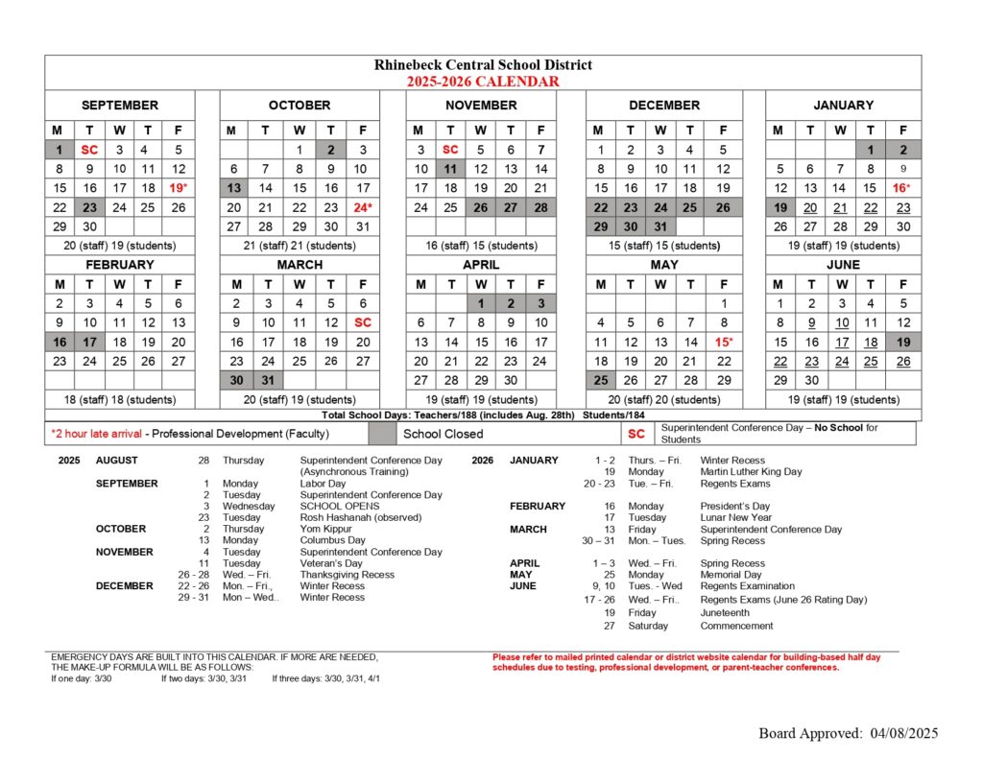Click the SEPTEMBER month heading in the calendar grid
point(119,105)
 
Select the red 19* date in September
point(178,188)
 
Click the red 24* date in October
point(362,206)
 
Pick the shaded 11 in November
point(450,169)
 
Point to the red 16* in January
point(901,188)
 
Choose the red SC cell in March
point(362,322)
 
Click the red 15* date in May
point(722,342)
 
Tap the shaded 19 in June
point(903,342)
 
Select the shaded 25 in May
point(600,380)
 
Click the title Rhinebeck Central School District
point(483,65)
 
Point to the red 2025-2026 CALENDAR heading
point(482,82)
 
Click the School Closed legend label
point(443,434)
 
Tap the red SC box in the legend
point(636,434)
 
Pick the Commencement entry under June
point(736,626)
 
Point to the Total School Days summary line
point(483,415)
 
